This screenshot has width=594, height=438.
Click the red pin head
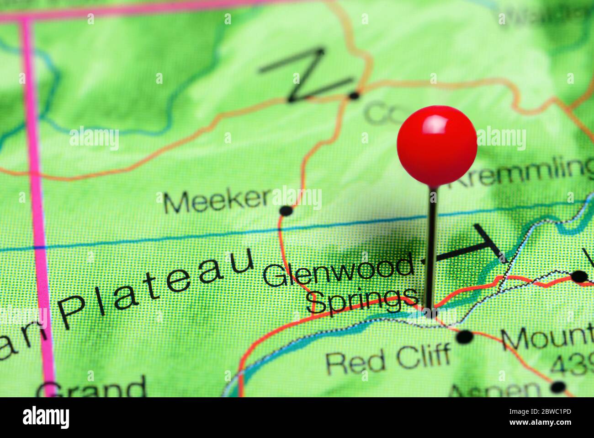point(436,146)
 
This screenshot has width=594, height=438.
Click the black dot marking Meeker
point(286,211)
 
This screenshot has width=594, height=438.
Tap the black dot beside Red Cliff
point(464,337)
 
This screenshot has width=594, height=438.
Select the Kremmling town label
point(521,174)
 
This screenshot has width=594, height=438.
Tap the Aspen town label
point(496,390)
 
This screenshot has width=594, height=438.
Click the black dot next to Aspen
point(558,387)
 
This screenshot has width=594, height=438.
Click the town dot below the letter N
point(354,95)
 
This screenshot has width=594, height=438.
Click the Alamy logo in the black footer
point(46,417)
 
